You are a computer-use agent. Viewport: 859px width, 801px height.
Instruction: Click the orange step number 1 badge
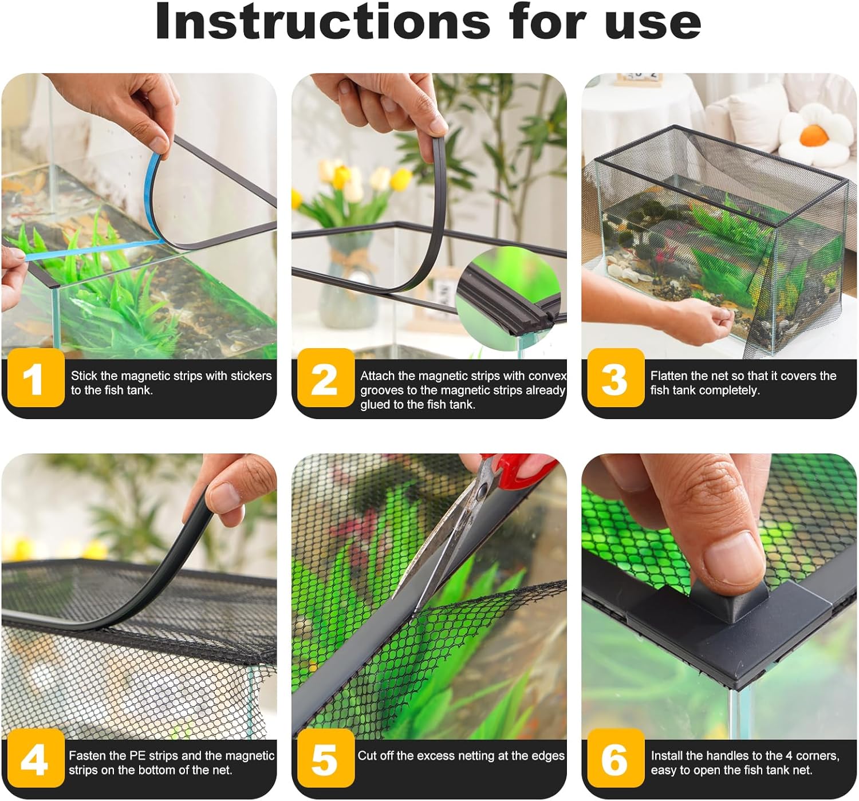36,377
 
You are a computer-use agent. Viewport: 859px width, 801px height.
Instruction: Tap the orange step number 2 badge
326,377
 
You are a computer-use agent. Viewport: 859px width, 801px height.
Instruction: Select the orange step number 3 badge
616,377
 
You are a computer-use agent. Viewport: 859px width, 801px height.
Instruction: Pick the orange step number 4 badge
36,757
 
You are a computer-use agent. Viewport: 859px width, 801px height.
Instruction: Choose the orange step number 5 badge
326,757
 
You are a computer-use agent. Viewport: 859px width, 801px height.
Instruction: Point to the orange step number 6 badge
616,757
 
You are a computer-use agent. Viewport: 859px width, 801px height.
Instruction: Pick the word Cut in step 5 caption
367,756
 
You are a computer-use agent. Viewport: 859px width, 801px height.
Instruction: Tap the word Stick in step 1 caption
84,376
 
